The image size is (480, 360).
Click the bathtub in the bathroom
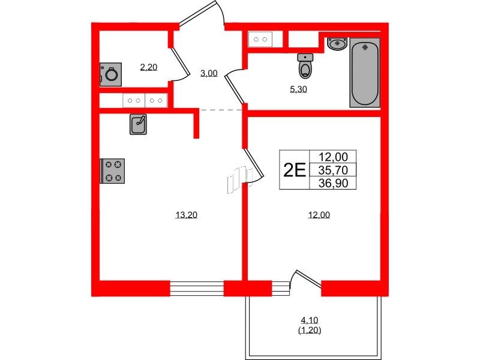[x=365, y=73]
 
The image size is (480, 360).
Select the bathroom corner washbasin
[x=337, y=43]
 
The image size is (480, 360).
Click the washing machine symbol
[x=111, y=74]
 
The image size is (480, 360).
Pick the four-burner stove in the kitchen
[x=113, y=170]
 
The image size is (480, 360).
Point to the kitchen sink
[x=139, y=124]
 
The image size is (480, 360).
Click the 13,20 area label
[x=186, y=216]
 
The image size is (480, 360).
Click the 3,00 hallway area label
[x=209, y=73]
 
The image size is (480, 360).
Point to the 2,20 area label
[x=148, y=67]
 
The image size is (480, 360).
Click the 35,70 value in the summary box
[x=333, y=170]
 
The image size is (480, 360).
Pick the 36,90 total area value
[x=333, y=182]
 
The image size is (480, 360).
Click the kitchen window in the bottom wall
[x=196, y=288]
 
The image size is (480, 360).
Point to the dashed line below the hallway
[x=221, y=110]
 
